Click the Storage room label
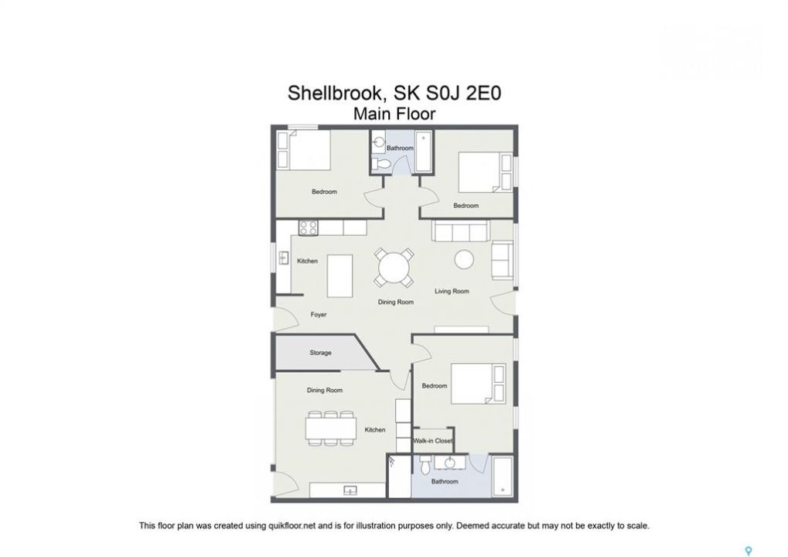320,353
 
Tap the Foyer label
319,315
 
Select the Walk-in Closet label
433,441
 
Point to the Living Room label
452,291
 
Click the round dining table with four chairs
394,268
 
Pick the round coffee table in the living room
464,260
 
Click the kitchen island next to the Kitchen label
339,276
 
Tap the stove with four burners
308,228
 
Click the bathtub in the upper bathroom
423,152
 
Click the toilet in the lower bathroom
425,466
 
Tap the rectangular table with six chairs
331,429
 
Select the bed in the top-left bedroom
304,150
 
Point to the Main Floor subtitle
394,114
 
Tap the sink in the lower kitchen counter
350,490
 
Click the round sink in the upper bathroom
380,143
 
